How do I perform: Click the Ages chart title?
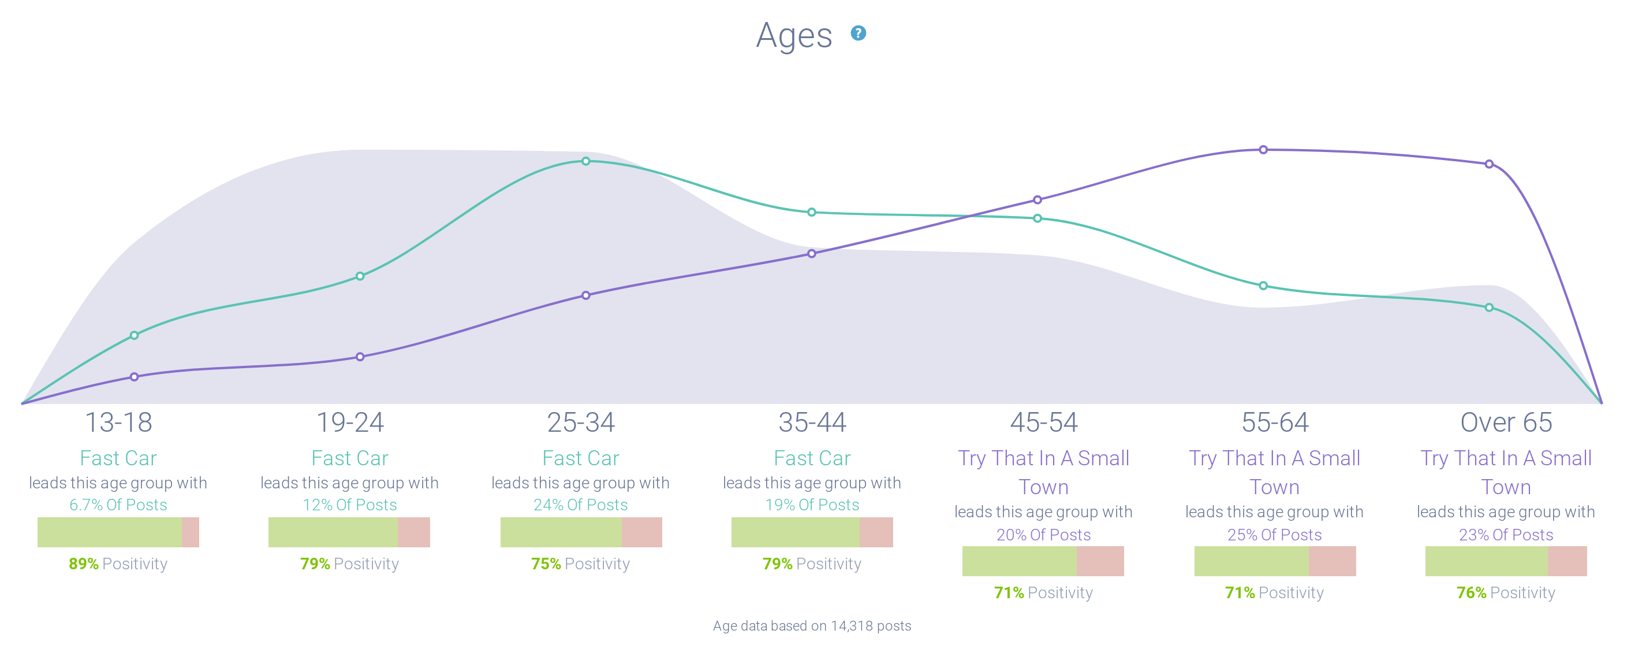794,36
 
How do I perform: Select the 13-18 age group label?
119,422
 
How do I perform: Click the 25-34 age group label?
581,422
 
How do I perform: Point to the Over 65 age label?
1506,422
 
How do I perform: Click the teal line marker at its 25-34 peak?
586,161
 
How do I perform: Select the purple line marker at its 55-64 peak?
1263,150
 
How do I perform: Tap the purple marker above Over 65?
1489,164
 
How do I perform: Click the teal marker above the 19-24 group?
360,276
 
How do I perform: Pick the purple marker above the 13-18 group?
134,377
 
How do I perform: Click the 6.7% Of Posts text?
118,505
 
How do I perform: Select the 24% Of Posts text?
581,505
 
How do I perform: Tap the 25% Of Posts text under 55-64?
1274,535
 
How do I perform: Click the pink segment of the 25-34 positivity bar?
641,532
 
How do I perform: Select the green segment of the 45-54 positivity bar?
1019,561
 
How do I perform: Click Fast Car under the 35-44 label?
812,458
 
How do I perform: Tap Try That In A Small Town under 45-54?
1043,473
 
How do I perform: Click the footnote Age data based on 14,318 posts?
812,626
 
